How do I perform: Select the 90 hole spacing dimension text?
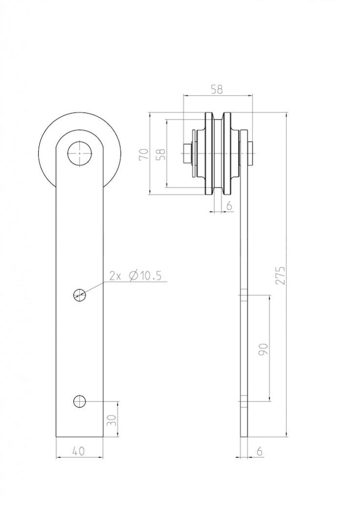[x=263, y=348]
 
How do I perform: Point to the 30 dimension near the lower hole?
[x=113, y=420]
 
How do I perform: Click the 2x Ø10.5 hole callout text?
[x=135, y=276]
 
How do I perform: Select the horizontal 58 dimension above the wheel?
[x=217, y=89]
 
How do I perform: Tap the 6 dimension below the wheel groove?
[x=228, y=206]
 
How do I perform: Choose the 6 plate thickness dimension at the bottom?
[x=259, y=452]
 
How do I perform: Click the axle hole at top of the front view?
[x=79, y=154]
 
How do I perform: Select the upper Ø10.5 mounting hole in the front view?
[x=79, y=294]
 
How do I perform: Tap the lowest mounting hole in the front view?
[x=79, y=402]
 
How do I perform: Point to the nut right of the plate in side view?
[x=251, y=153]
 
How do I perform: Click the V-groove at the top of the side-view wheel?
[x=218, y=117]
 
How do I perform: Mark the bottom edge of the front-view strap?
[x=79, y=436]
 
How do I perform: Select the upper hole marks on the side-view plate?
[x=244, y=295]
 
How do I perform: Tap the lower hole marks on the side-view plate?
[x=244, y=402]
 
